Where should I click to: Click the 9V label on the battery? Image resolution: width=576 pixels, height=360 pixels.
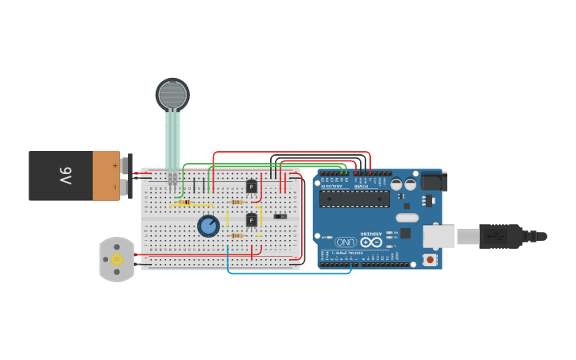click(65, 176)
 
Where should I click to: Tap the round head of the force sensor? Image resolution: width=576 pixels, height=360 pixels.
click(172, 95)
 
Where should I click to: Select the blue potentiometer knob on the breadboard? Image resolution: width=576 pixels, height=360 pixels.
click(208, 226)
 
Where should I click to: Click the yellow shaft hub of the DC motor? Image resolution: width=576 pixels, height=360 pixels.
click(117, 259)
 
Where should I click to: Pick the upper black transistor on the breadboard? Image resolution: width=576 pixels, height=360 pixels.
click(252, 186)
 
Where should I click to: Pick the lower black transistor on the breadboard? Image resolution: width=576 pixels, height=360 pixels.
click(252, 220)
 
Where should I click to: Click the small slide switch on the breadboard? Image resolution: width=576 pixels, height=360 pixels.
click(280, 216)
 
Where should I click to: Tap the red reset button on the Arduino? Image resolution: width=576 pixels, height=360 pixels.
click(430, 259)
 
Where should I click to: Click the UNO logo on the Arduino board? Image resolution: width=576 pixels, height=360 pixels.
click(345, 242)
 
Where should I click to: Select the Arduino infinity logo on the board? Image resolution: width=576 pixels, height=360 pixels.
click(371, 242)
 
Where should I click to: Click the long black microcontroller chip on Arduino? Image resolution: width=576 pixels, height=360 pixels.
click(354, 199)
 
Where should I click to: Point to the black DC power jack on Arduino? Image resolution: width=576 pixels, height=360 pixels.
click(432, 182)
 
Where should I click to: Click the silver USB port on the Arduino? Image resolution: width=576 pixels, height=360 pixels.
click(439, 236)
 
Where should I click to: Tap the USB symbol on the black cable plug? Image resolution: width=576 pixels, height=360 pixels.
click(493, 236)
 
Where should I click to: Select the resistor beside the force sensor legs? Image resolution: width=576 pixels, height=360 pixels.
click(184, 203)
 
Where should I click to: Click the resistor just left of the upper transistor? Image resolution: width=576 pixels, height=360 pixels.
click(236, 202)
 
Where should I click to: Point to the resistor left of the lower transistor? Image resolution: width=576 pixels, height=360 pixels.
click(236, 235)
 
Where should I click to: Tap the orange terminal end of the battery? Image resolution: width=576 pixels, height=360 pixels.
click(106, 176)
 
